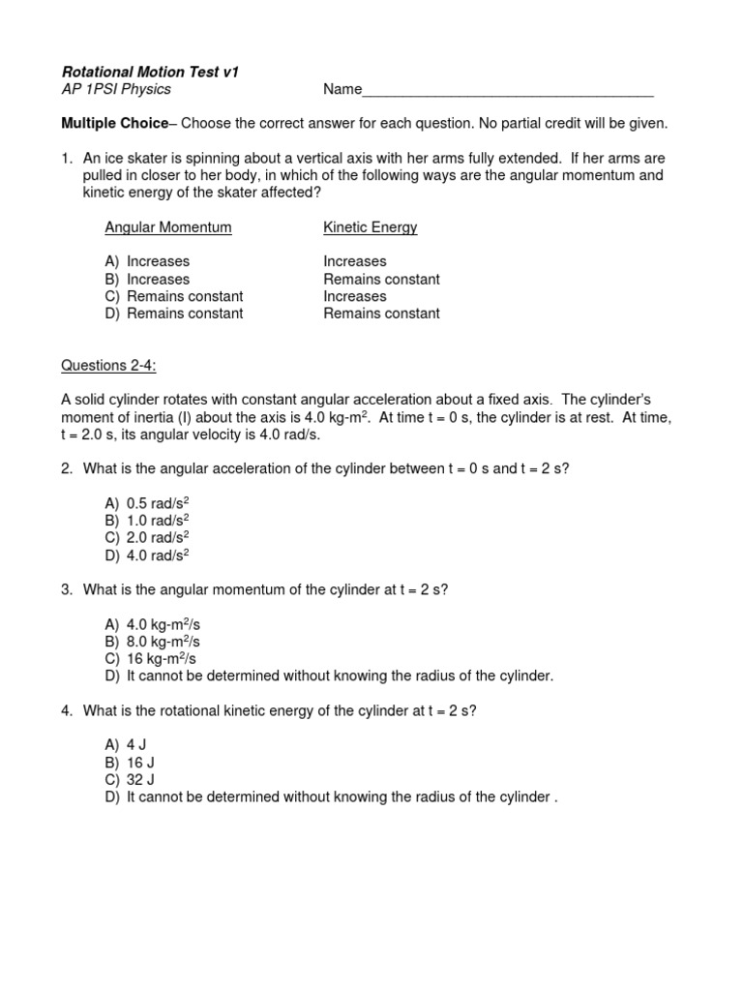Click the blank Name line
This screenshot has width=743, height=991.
tap(507, 92)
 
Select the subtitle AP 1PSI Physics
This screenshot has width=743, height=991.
tap(116, 89)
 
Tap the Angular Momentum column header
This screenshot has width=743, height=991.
tap(167, 227)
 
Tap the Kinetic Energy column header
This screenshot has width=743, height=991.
tap(370, 227)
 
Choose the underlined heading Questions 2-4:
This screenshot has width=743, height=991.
tap(108, 365)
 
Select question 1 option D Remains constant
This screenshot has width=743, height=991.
tap(174, 314)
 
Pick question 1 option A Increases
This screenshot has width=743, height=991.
tap(147, 261)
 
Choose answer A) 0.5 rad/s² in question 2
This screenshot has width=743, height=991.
tap(146, 503)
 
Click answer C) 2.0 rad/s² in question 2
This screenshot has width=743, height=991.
tap(146, 538)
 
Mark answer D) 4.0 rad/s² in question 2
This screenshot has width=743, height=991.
tap(146, 556)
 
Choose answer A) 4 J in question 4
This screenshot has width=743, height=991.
tap(125, 744)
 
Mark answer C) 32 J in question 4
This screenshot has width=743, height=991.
tap(129, 779)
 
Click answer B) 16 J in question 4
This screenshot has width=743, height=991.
tap(129, 762)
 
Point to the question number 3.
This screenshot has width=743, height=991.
tap(66, 590)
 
